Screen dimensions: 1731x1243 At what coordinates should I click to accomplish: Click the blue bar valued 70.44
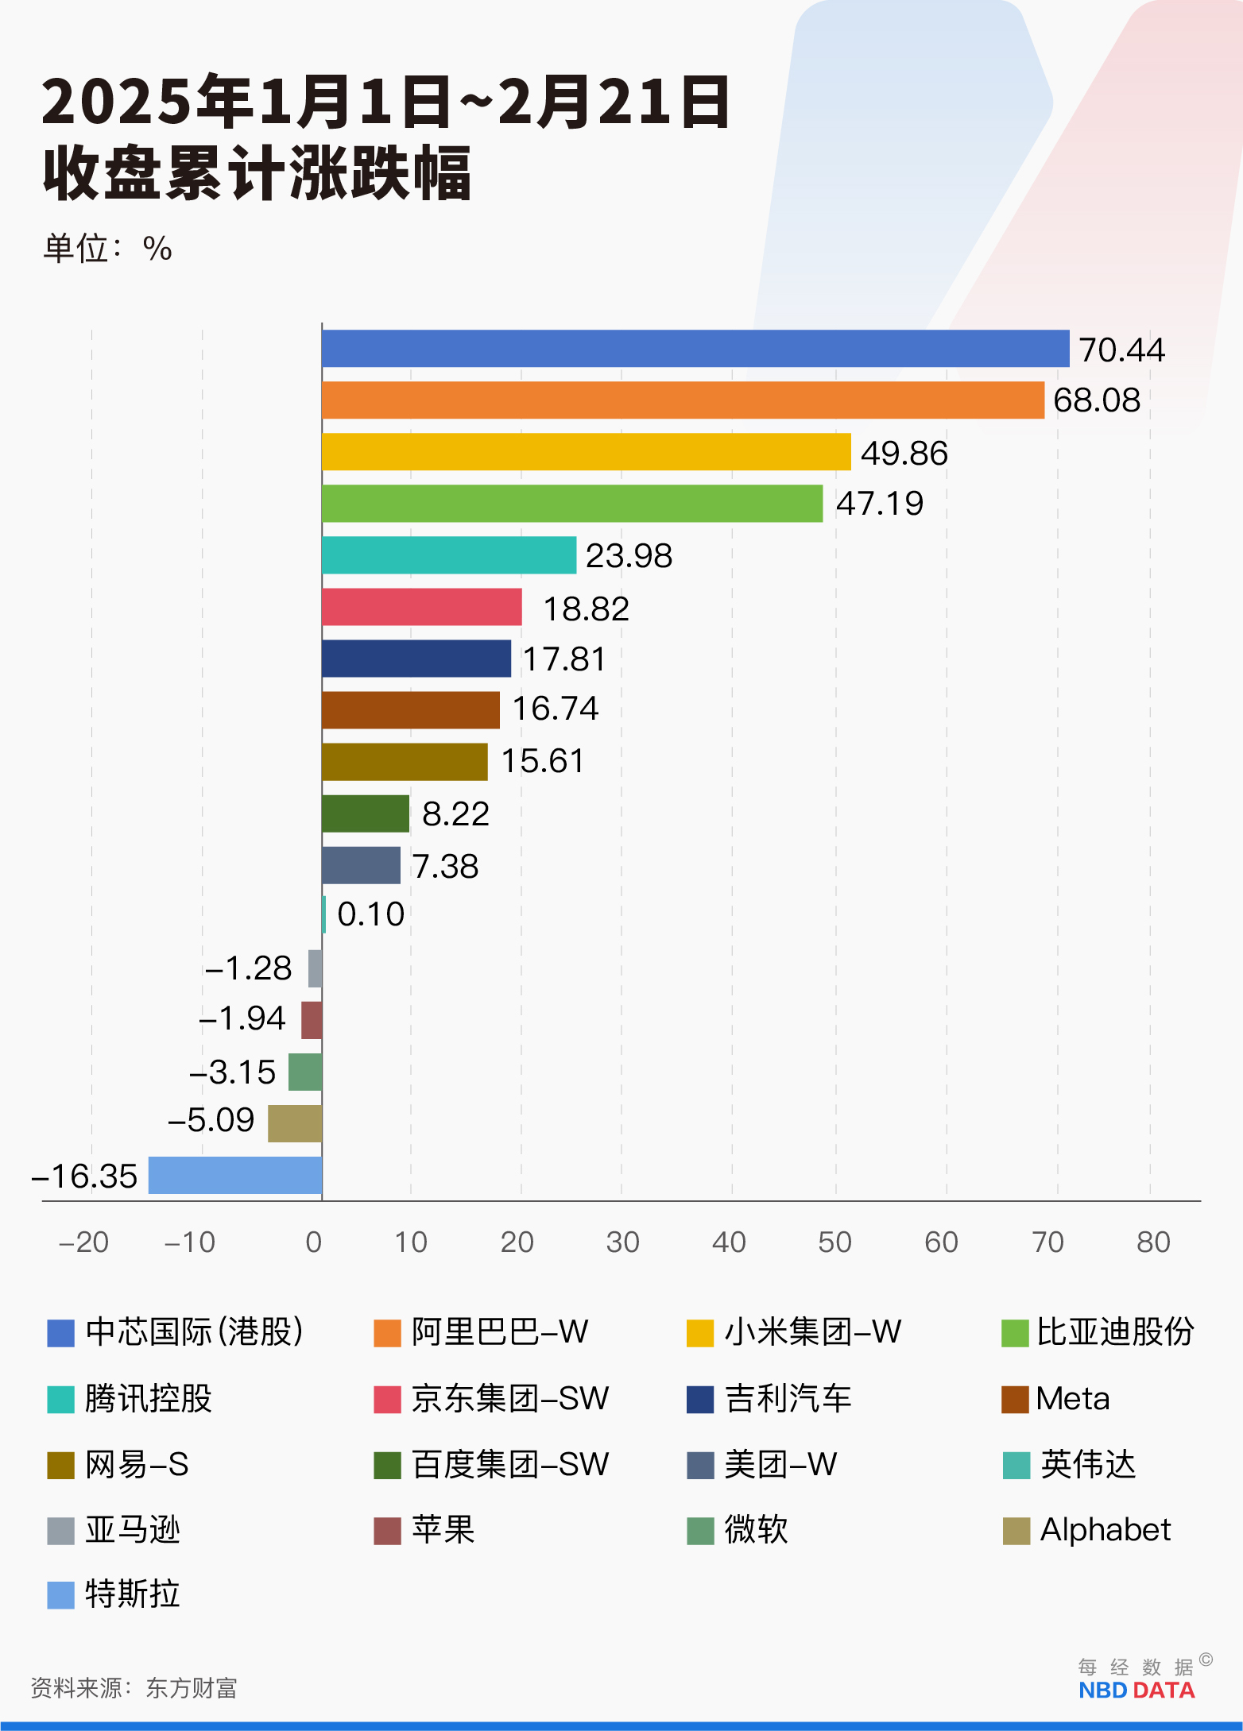[x=695, y=349]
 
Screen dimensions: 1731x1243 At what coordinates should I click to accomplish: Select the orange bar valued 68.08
[x=683, y=400]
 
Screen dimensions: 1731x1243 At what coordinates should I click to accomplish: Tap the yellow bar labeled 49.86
[x=586, y=451]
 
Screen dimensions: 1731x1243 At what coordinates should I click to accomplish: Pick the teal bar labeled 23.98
[x=449, y=554]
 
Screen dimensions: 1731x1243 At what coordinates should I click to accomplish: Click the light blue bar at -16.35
[x=235, y=1175]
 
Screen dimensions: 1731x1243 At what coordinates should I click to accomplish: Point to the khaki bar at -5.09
[x=295, y=1123]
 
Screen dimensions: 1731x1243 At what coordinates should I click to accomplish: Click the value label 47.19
[x=880, y=504]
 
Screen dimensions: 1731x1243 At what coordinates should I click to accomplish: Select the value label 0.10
[x=370, y=914]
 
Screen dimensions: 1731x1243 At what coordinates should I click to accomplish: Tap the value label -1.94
[x=242, y=1018]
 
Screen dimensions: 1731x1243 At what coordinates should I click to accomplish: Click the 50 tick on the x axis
[x=834, y=1242]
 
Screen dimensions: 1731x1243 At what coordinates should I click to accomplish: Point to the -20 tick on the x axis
[x=83, y=1242]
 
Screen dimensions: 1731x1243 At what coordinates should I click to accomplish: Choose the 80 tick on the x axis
[x=1153, y=1242]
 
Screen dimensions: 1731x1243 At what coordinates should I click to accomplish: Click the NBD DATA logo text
[x=1137, y=1690]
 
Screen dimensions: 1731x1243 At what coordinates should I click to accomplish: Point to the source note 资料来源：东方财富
[x=134, y=1688]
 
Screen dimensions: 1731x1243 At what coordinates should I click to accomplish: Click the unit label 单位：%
[x=107, y=249]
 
